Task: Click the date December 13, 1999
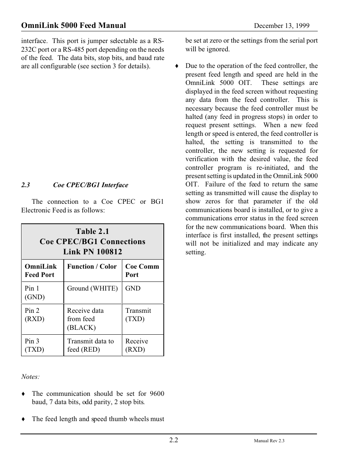281,26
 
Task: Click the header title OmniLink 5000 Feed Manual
74,25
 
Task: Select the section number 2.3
25,185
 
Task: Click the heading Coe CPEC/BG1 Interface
91,185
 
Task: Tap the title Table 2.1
92,231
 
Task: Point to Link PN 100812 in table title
92,252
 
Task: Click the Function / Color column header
92,266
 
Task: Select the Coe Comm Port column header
142,271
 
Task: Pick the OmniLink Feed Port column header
40,271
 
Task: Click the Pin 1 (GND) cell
34,292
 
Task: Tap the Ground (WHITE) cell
92,288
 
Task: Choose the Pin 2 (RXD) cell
34,315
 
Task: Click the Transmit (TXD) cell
138,315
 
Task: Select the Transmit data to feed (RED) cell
90,345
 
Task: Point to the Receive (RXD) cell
137,345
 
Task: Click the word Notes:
30,377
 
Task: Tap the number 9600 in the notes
157,394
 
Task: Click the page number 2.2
174,440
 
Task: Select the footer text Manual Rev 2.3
269,441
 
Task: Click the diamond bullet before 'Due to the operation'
176,66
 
